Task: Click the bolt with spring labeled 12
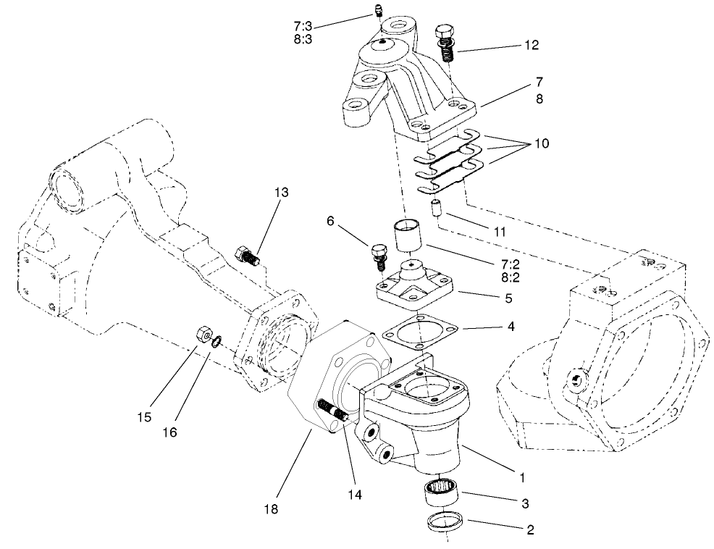445,46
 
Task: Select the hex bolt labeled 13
248,256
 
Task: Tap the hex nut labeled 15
203,335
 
